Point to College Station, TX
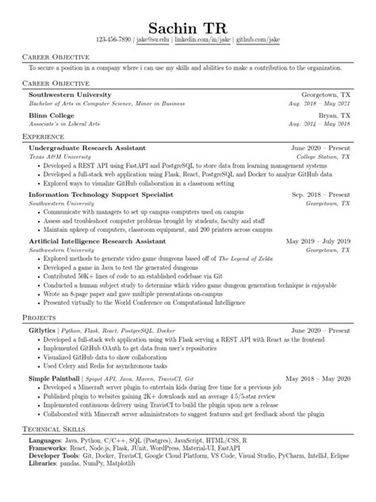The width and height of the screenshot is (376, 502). [x=324, y=156]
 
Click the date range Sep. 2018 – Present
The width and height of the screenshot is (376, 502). [x=320, y=193]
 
